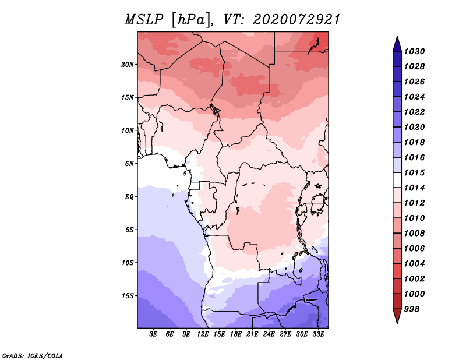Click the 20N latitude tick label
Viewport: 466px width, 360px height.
tap(127, 65)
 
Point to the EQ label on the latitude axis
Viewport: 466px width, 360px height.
tap(129, 197)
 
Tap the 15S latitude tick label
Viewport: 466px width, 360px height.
tap(127, 296)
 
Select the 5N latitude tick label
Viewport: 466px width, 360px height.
tap(129, 164)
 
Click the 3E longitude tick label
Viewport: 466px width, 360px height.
tap(153, 334)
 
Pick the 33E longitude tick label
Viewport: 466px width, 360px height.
tap(318, 334)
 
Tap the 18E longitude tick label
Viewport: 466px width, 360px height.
tap(236, 334)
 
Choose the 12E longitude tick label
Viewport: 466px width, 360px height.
tap(203, 334)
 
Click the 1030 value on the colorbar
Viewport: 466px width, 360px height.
tap(414, 51)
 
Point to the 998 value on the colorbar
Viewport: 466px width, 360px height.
tap(412, 309)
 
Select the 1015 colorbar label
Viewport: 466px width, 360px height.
tap(414, 172)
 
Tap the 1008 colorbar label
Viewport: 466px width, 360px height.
tap(414, 234)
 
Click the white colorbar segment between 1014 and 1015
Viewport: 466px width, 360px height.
tap(397, 180)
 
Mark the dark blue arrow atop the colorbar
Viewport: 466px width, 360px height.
tap(397, 44)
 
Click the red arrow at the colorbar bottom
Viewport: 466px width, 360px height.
tap(397, 316)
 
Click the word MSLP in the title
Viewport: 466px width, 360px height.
tap(144, 20)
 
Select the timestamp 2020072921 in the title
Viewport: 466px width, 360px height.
tap(296, 20)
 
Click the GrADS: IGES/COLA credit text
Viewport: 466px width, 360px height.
tap(33, 355)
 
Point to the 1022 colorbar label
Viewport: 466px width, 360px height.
tap(414, 112)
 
